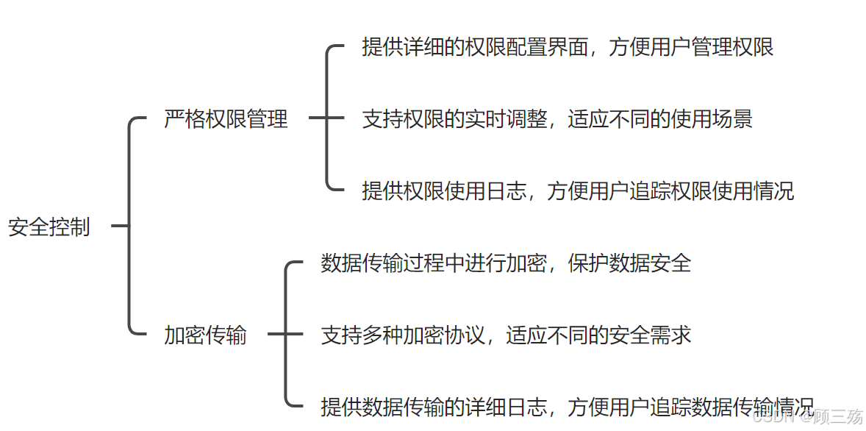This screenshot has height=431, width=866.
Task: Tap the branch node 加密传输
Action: click(205, 336)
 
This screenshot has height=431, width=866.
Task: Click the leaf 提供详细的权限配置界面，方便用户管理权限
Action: click(568, 48)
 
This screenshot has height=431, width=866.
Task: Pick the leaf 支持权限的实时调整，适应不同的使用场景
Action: click(557, 119)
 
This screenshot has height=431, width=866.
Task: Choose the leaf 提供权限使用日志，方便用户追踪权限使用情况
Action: click(578, 191)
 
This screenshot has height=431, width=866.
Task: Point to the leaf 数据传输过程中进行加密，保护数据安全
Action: click(506, 263)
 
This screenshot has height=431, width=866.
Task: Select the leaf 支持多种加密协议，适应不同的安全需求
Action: click(506, 336)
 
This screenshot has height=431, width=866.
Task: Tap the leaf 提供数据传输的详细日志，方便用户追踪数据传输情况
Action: click(568, 406)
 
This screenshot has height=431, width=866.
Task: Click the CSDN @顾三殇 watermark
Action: click(809, 417)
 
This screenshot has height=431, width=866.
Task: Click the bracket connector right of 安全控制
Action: click(129, 227)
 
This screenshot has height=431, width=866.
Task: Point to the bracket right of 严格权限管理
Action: click(327, 118)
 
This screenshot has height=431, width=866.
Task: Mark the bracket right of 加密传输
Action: click(286, 335)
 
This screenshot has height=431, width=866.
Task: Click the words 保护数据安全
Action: click(629, 263)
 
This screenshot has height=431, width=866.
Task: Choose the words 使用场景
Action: click(712, 119)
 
